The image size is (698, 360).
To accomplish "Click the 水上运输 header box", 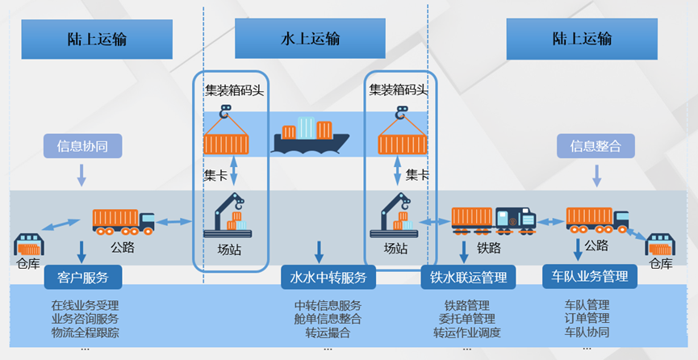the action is (310, 38).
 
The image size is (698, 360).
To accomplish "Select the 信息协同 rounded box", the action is (82, 146).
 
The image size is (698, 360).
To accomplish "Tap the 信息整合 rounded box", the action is (596, 146).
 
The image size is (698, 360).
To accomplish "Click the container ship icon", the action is (311, 135).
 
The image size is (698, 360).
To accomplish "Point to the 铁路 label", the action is (489, 248).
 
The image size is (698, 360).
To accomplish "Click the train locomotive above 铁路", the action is (516, 220).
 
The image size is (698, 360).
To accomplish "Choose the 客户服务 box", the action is (83, 277).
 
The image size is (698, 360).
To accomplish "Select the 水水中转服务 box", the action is (328, 277).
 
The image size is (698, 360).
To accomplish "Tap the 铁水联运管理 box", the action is (468, 277).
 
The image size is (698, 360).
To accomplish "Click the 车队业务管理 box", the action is (590, 276).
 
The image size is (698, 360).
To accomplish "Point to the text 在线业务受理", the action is (85, 306).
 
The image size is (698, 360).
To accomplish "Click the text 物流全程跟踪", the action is (85, 333).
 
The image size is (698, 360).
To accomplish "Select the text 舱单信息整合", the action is (328, 319).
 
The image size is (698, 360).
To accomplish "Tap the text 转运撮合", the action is (328, 333).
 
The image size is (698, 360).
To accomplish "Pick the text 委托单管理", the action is (467, 319).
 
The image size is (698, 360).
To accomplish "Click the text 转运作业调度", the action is (467, 333).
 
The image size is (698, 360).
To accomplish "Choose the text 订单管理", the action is (587, 319).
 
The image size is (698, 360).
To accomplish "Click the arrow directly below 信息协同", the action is (82, 175).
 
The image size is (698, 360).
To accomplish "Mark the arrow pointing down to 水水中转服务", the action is (320, 252).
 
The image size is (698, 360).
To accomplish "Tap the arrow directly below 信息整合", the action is (597, 176).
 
